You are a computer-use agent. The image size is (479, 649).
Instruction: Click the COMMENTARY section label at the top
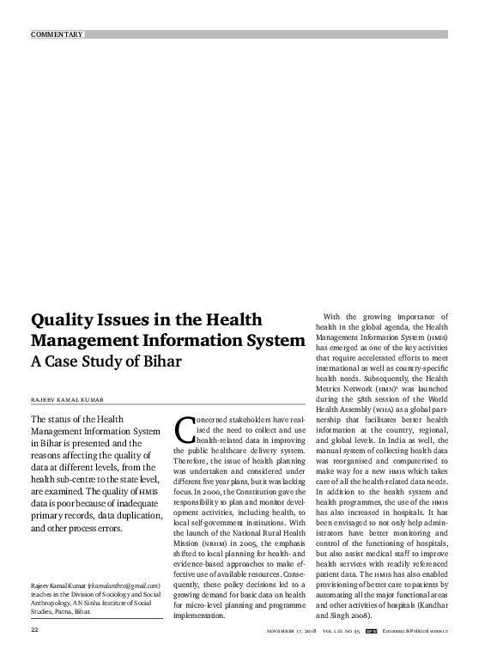[x=57, y=34]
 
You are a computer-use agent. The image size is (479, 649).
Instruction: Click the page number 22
[x=35, y=630]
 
